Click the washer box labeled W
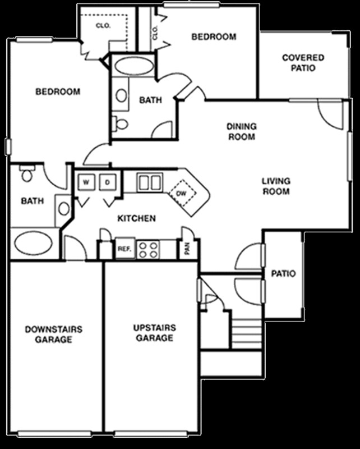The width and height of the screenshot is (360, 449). click(x=86, y=182)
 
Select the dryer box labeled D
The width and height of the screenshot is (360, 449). click(x=108, y=182)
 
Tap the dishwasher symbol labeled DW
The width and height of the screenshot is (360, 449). click(x=182, y=194)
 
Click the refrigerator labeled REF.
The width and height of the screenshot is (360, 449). click(x=123, y=249)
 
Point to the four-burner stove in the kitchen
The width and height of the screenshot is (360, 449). click(x=149, y=249)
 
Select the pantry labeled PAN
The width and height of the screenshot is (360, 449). click(x=187, y=249)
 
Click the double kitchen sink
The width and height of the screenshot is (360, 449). click(x=150, y=182)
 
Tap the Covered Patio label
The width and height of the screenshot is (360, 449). click(x=303, y=63)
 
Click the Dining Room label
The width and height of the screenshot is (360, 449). click(x=241, y=131)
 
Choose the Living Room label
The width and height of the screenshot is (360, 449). click(x=276, y=186)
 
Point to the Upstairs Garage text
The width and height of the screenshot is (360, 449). click(x=154, y=333)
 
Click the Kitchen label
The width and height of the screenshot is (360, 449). click(x=136, y=218)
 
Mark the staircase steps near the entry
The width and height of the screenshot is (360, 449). click(x=247, y=334)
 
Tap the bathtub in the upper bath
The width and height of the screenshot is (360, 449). click(x=133, y=66)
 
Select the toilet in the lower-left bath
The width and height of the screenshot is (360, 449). click(x=26, y=175)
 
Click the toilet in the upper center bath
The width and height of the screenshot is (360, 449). click(x=121, y=123)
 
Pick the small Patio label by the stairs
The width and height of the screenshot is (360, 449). click(x=283, y=274)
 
